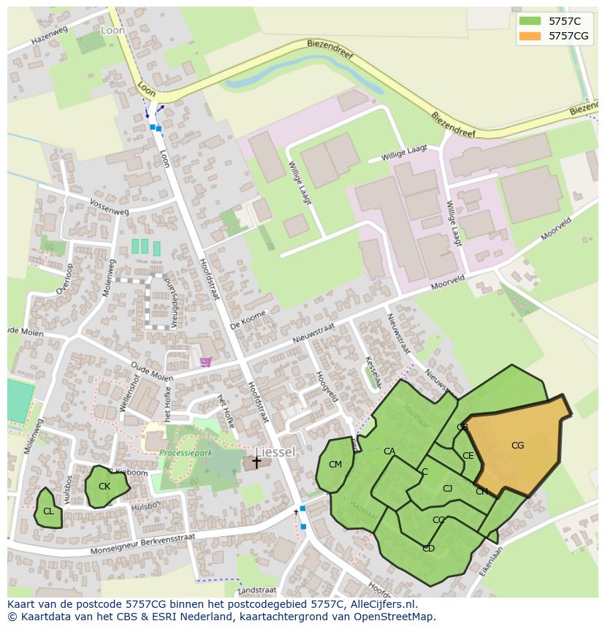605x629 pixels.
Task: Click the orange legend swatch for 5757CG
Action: click(530, 36)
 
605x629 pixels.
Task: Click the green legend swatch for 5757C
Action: click(530, 20)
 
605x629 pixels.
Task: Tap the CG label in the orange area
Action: click(517, 446)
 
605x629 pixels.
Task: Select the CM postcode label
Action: click(335, 465)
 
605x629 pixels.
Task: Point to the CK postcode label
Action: click(104, 487)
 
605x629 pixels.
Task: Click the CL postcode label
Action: click(48, 511)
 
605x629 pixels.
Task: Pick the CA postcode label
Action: click(389, 451)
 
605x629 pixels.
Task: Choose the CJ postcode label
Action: click(448, 489)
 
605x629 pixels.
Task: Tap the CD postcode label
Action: click(428, 549)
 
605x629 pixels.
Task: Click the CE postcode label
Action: click(468, 457)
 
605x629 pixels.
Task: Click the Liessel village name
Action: click(275, 452)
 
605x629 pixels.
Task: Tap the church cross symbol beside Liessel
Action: click(256, 462)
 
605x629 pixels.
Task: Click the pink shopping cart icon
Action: click(206, 362)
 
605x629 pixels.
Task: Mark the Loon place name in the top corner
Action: click(113, 31)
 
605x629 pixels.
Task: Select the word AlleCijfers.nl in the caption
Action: click(381, 604)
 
